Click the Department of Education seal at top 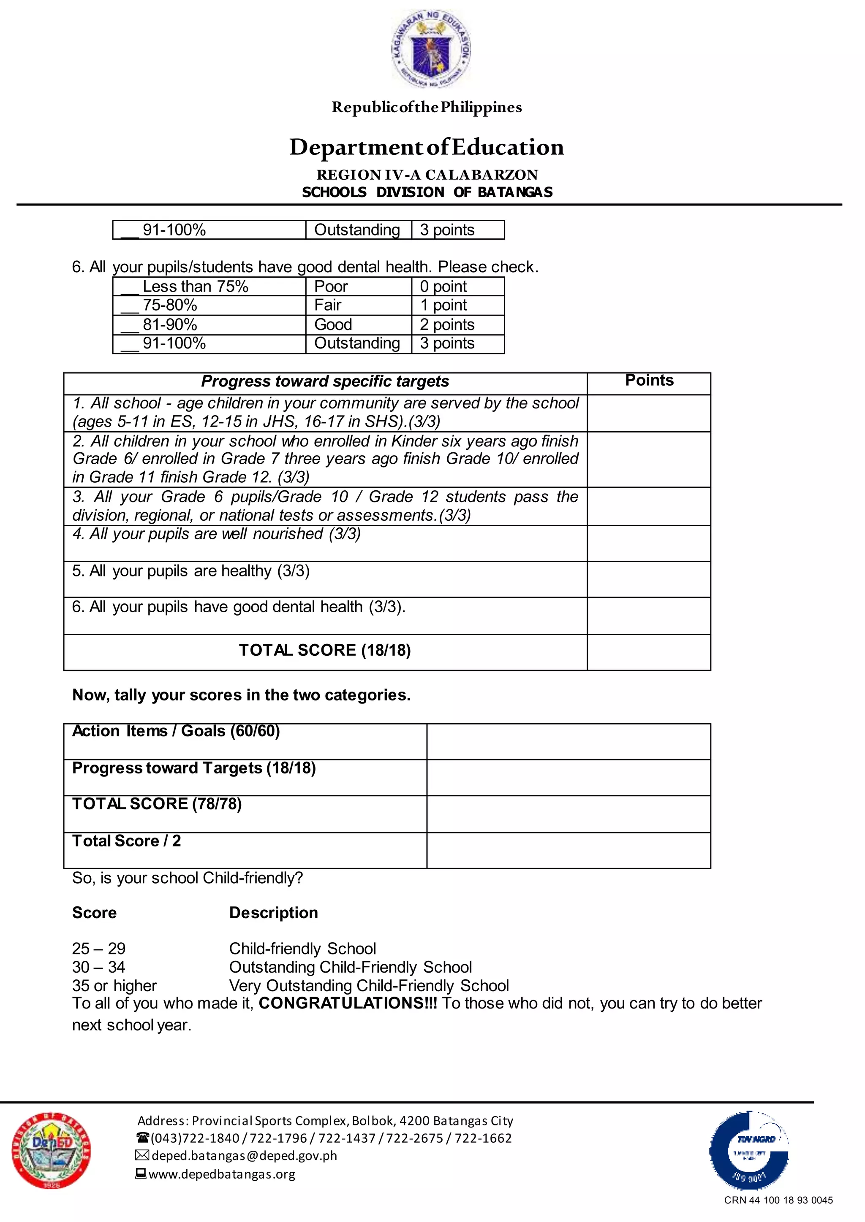pyautogui.click(x=431, y=49)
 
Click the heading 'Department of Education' pyautogui.click(x=427, y=147)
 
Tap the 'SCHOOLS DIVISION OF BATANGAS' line pyautogui.click(x=427, y=192)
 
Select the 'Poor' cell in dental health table pyautogui.click(x=331, y=287)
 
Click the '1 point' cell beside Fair pyautogui.click(x=443, y=305)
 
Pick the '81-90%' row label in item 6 pyautogui.click(x=170, y=324)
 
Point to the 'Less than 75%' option pyautogui.click(x=195, y=287)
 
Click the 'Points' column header pyautogui.click(x=649, y=381)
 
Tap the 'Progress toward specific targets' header pyautogui.click(x=325, y=381)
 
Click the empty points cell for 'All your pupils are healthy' pyautogui.click(x=649, y=579)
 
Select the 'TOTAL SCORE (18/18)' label pyautogui.click(x=325, y=650)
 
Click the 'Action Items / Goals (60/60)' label pyautogui.click(x=176, y=731)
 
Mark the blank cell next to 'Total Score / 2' pyautogui.click(x=569, y=851)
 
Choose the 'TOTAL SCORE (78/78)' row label pyautogui.click(x=157, y=804)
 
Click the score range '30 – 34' pyautogui.click(x=98, y=967)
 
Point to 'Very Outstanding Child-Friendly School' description pyautogui.click(x=369, y=986)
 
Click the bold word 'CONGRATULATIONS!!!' pyautogui.click(x=348, y=1003)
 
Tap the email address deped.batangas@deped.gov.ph pyautogui.click(x=244, y=1155)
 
